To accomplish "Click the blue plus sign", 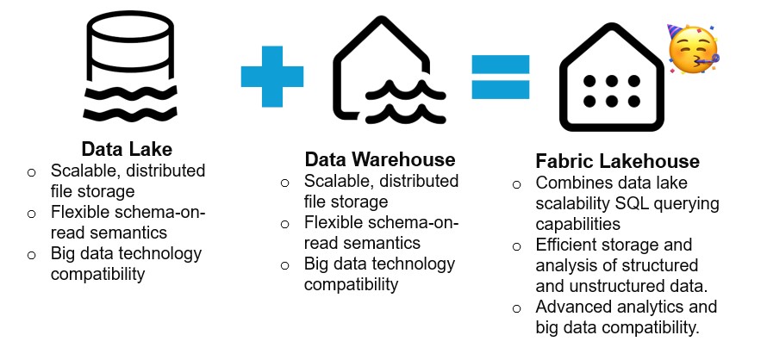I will coord(272,75).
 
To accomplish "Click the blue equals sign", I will coord(501,75).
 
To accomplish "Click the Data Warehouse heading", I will coord(380,160).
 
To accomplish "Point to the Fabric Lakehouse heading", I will coord(617,162).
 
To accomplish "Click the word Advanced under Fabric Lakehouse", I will coord(572,307).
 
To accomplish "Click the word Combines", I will coord(571,183).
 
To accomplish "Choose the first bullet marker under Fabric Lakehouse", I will coord(516,184).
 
